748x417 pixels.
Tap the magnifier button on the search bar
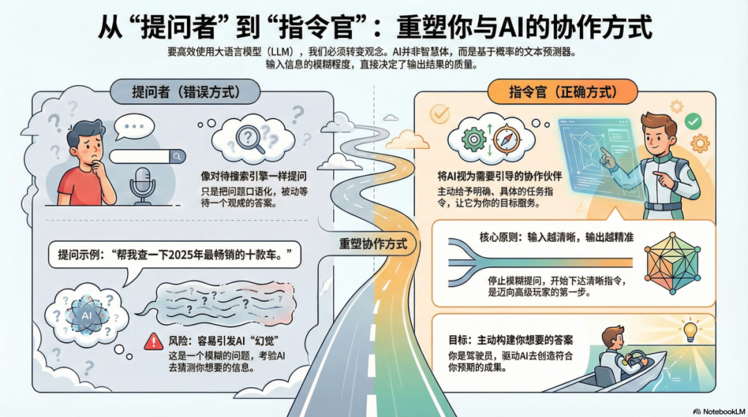pyautogui.click(x=177, y=157)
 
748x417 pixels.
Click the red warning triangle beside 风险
pyautogui.click(x=152, y=340)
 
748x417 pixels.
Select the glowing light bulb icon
pyautogui.click(x=689, y=331)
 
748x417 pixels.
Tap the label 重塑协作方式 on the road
pyautogui.click(x=373, y=245)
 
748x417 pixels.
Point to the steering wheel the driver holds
pyautogui.click(x=635, y=358)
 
